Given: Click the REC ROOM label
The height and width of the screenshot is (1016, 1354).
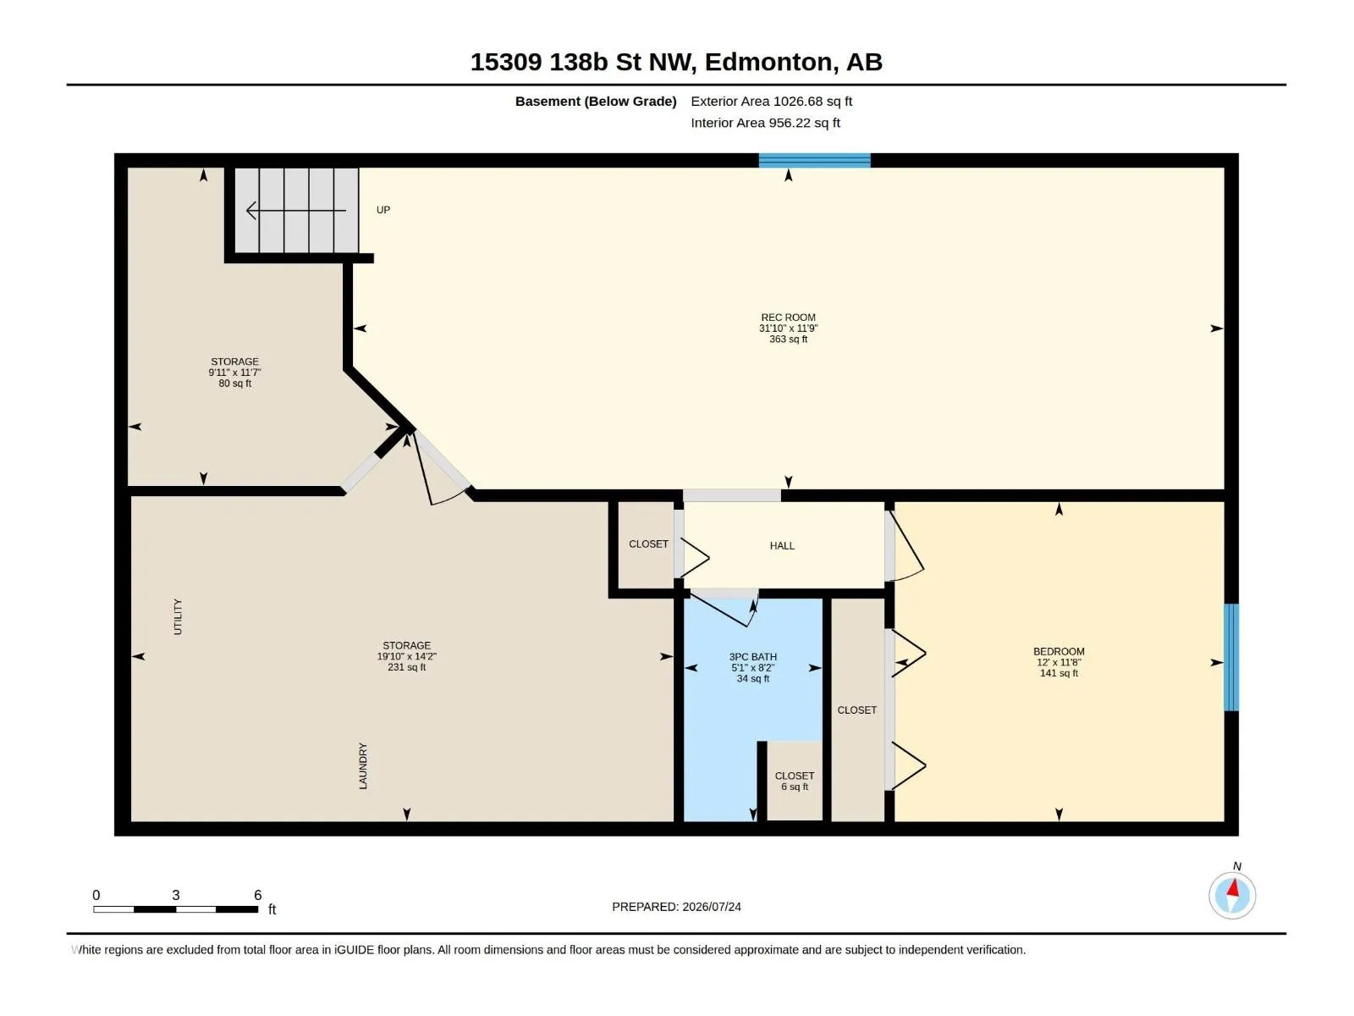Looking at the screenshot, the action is pyautogui.click(x=788, y=317).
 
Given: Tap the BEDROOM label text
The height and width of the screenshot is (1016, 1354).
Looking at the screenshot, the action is pyautogui.click(x=1059, y=651).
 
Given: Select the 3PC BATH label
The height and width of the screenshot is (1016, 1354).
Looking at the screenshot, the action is pyautogui.click(x=752, y=656).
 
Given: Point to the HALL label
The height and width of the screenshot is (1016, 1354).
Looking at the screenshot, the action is pyautogui.click(x=782, y=545).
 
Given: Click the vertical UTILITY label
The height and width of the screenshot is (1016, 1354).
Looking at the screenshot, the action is pyautogui.click(x=178, y=616).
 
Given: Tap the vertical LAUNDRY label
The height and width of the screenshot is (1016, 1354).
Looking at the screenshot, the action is pyautogui.click(x=363, y=765).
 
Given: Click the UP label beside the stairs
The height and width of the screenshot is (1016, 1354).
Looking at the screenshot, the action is pyautogui.click(x=383, y=210).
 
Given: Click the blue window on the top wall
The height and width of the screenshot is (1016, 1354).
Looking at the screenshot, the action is pyautogui.click(x=814, y=160).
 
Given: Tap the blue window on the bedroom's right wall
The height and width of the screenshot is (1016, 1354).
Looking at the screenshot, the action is pyautogui.click(x=1231, y=657).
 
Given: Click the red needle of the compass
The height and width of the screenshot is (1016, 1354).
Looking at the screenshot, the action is pyautogui.click(x=1233, y=888).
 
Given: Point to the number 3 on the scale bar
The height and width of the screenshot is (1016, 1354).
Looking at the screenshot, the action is pyautogui.click(x=176, y=894).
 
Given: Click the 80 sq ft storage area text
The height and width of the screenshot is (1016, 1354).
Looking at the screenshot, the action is pyautogui.click(x=235, y=383).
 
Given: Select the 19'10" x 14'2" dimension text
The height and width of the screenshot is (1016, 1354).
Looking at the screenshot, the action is pyautogui.click(x=406, y=656).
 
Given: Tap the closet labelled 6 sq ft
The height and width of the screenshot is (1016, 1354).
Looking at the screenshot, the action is pyautogui.click(x=795, y=781).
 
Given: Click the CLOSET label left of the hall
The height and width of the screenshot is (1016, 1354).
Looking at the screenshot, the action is pyautogui.click(x=648, y=544).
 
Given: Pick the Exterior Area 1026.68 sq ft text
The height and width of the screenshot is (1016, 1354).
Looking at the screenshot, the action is pyautogui.click(x=771, y=101).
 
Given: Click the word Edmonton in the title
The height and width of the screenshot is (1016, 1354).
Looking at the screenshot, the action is pyautogui.click(x=771, y=63).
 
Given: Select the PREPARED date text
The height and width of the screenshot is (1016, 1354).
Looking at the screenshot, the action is pyautogui.click(x=676, y=906).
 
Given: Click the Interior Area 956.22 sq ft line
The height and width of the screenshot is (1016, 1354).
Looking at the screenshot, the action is pyautogui.click(x=765, y=123).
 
